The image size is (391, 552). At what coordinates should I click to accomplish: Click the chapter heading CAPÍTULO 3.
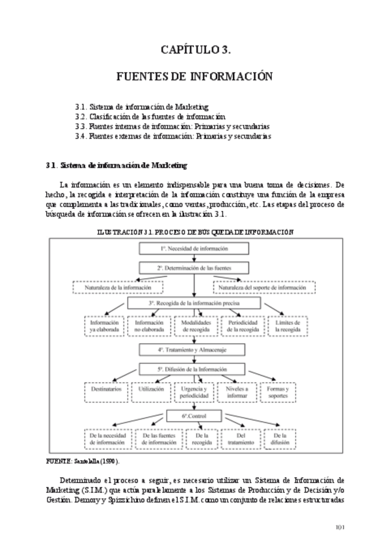(x=195, y=49)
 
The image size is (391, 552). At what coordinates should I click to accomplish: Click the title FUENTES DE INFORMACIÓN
(x=195, y=76)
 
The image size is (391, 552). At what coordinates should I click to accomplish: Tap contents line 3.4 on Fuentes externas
(x=172, y=136)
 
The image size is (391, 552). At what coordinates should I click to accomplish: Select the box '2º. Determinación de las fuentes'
(x=194, y=268)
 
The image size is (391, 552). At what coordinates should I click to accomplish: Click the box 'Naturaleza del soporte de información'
(x=264, y=286)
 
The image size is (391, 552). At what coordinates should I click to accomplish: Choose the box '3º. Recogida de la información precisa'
(x=194, y=303)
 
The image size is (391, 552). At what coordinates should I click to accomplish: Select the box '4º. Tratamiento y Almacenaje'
(x=194, y=350)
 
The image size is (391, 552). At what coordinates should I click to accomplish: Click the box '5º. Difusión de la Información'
(x=194, y=368)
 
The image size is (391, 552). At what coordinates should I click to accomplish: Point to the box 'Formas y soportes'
(x=278, y=392)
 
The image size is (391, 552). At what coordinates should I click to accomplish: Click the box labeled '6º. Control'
(x=194, y=415)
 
